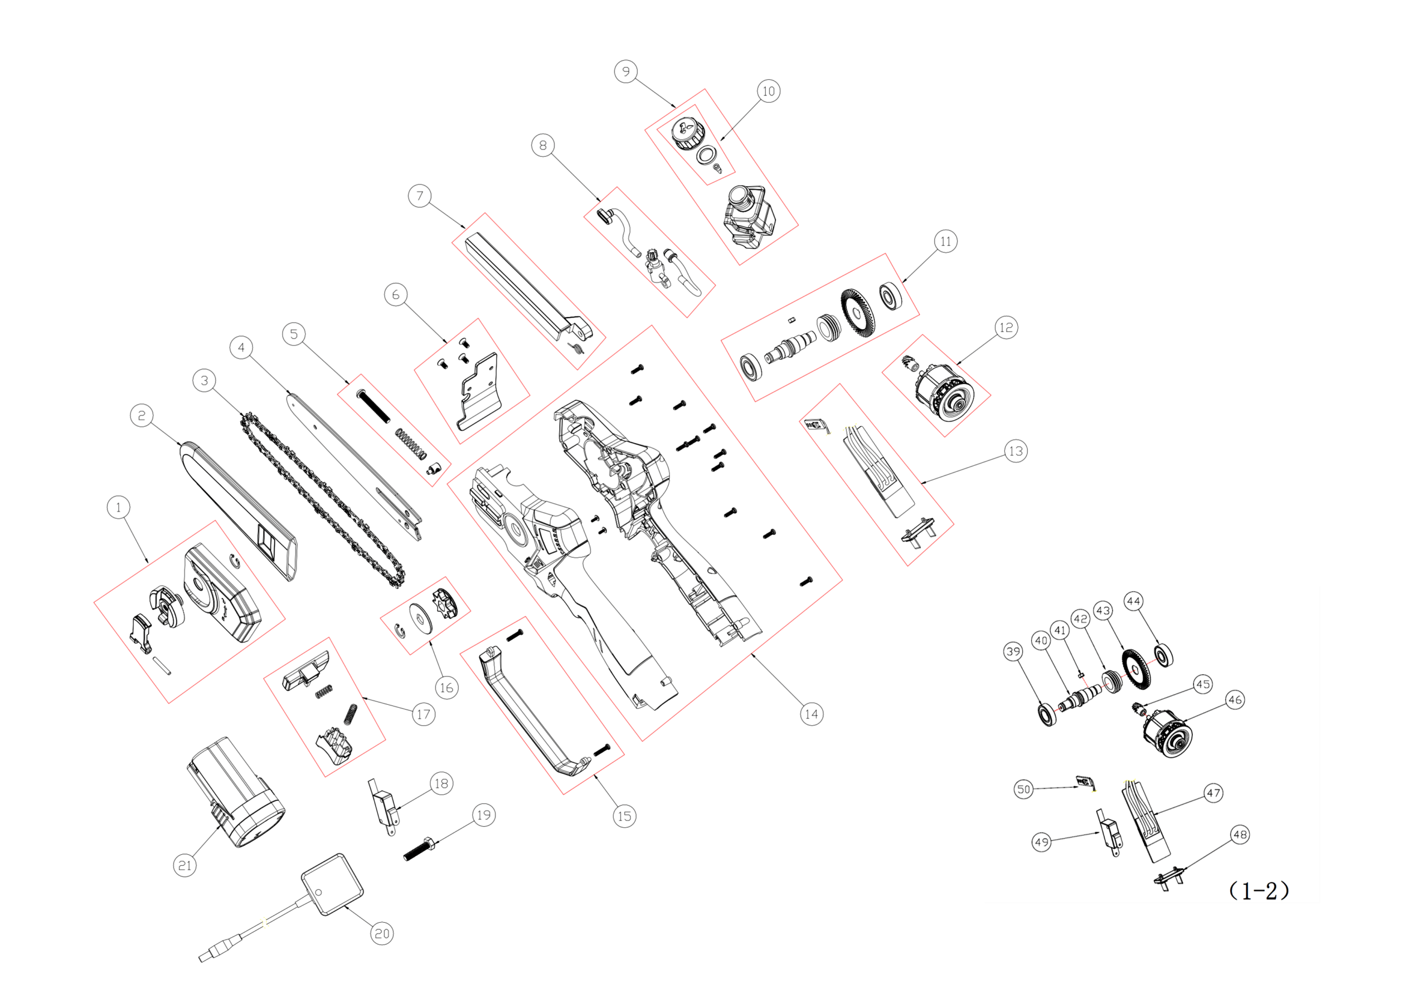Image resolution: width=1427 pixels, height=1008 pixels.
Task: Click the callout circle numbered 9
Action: point(626,71)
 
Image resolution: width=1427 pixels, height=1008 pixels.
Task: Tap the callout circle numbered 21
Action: point(185,865)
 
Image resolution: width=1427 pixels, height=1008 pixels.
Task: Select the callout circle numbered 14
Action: point(811,714)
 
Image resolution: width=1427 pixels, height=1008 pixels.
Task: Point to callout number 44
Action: point(1133,601)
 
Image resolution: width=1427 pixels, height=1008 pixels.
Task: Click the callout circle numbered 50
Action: point(1023,789)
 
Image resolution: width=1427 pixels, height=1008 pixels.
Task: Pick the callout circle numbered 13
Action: point(1016,451)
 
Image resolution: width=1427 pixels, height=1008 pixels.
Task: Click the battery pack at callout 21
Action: point(236,792)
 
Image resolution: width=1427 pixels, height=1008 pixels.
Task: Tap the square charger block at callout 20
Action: point(333,884)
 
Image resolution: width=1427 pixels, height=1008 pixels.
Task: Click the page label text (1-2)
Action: point(1259,890)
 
